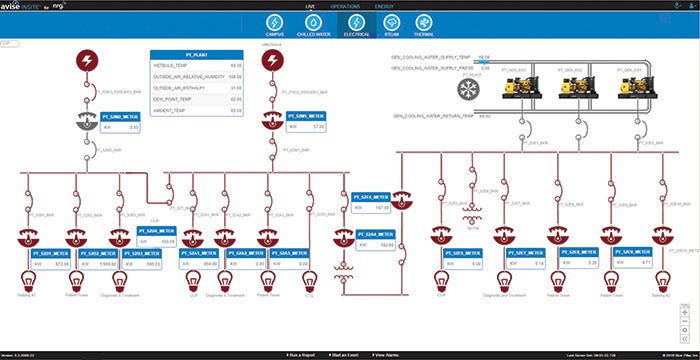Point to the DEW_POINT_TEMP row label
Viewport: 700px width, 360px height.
(x=173, y=98)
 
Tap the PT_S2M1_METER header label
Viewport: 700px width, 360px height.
(x=304, y=117)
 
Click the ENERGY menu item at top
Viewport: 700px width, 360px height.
(x=385, y=5)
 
